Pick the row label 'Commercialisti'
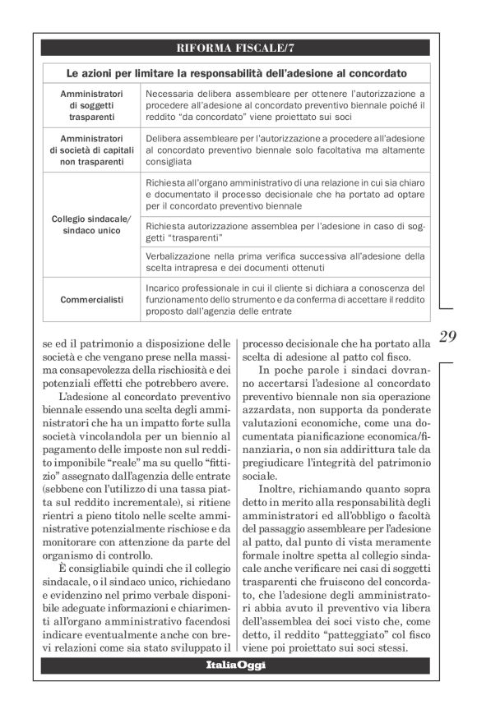tap(91, 299)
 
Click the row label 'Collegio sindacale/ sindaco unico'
tap(91, 226)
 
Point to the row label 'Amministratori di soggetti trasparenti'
tap(91, 106)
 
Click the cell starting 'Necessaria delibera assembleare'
tap(285, 106)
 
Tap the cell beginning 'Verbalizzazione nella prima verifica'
tap(285, 261)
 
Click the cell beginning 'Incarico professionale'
tap(285, 299)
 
